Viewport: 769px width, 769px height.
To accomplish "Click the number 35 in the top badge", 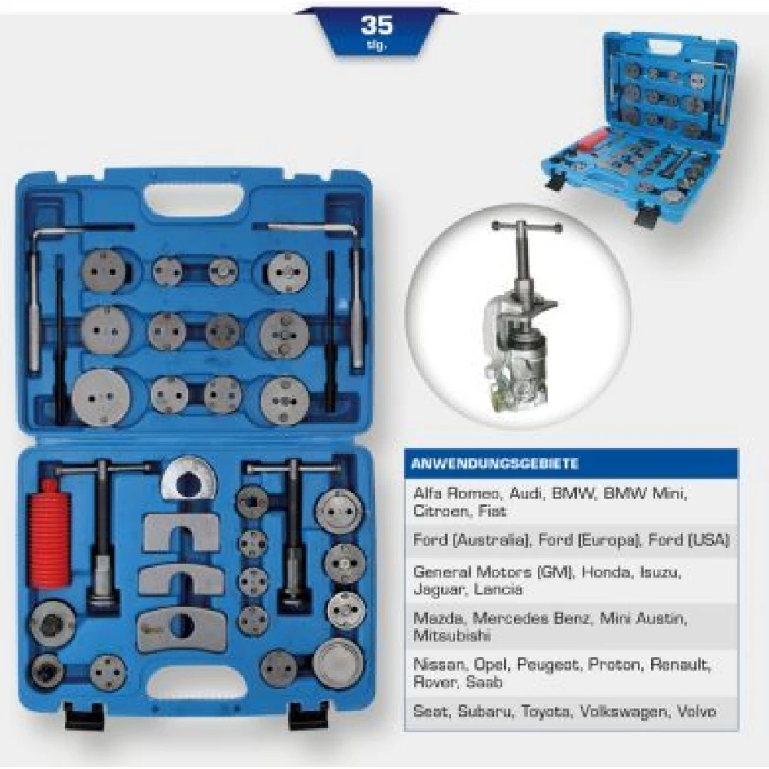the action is pos(377,25).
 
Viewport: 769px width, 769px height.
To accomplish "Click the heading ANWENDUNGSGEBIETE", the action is pos(495,464).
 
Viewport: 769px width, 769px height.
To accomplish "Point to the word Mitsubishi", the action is pos(451,636).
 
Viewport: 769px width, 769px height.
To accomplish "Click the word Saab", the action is pos(484,681).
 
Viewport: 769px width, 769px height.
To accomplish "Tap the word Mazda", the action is pos(438,618).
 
